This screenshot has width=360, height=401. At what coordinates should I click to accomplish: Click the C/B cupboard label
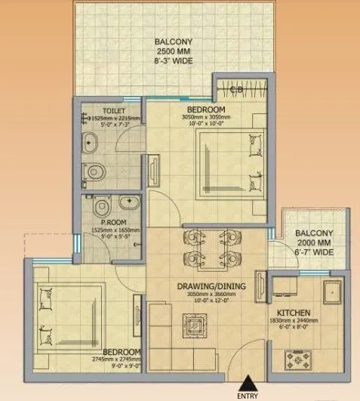click(235, 93)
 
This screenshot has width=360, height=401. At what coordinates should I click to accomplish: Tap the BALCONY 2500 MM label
click(172, 49)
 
